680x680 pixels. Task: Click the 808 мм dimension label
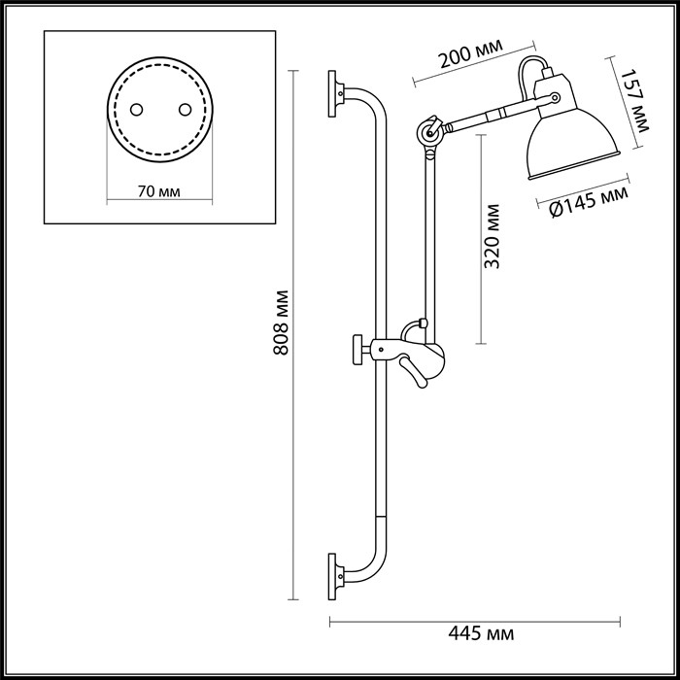(282, 323)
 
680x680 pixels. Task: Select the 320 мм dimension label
(494, 236)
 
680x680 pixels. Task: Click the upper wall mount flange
(335, 93)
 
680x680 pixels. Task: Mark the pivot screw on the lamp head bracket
(554, 97)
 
